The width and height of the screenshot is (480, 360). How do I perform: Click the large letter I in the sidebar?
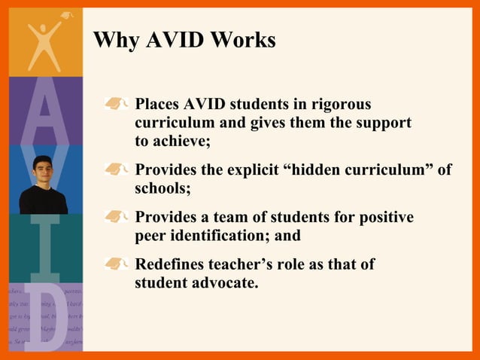click(x=44, y=249)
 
